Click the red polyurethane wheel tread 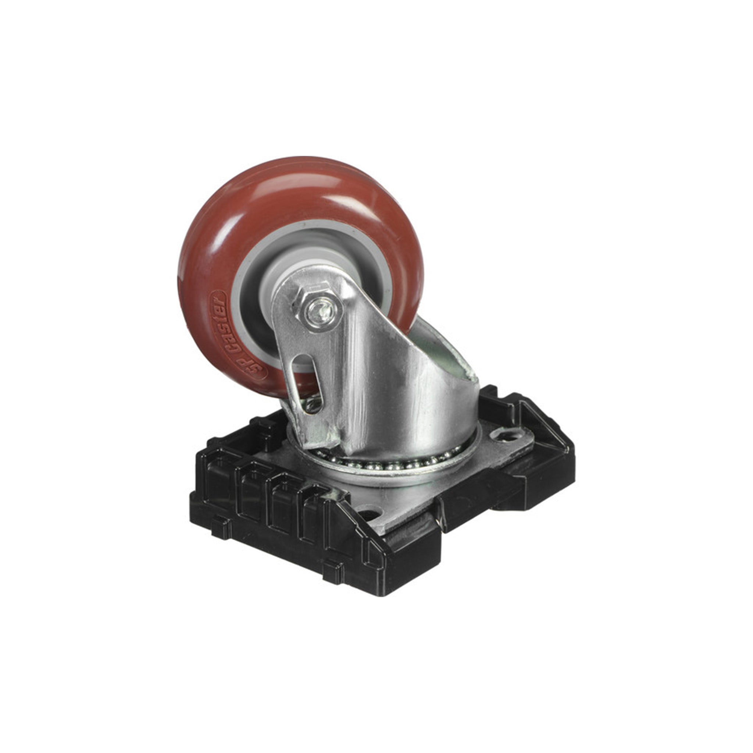pyautogui.click(x=296, y=195)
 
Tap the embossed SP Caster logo pyautogui.click(x=238, y=335)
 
